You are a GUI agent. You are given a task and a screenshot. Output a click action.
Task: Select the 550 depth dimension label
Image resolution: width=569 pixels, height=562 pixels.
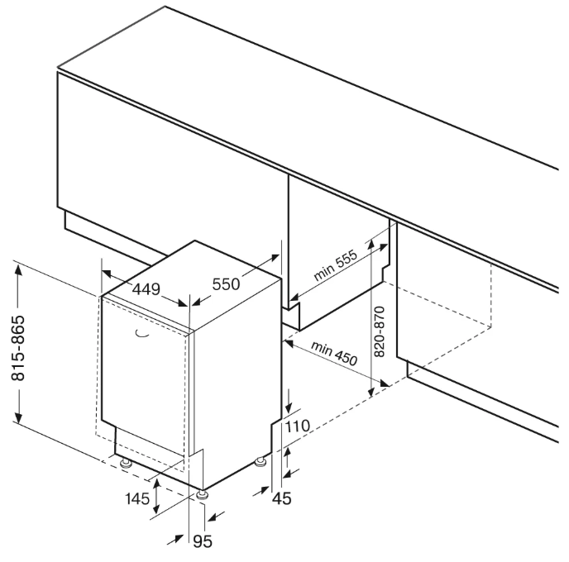226,284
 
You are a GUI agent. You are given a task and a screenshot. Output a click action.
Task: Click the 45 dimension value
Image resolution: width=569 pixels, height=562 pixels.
283,498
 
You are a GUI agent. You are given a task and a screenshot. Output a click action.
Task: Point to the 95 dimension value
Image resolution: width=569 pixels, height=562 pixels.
203,542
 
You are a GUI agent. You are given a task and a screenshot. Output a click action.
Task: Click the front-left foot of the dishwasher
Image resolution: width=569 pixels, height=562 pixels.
125,464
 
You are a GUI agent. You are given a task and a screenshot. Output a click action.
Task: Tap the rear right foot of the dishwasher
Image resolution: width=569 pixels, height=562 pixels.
263,460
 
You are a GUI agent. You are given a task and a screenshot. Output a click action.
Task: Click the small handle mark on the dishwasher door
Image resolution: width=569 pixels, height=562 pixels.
139,334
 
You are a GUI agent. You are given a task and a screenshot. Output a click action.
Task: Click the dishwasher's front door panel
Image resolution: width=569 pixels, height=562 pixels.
145,380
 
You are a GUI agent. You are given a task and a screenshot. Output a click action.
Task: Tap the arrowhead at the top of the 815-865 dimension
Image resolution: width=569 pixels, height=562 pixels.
18,269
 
